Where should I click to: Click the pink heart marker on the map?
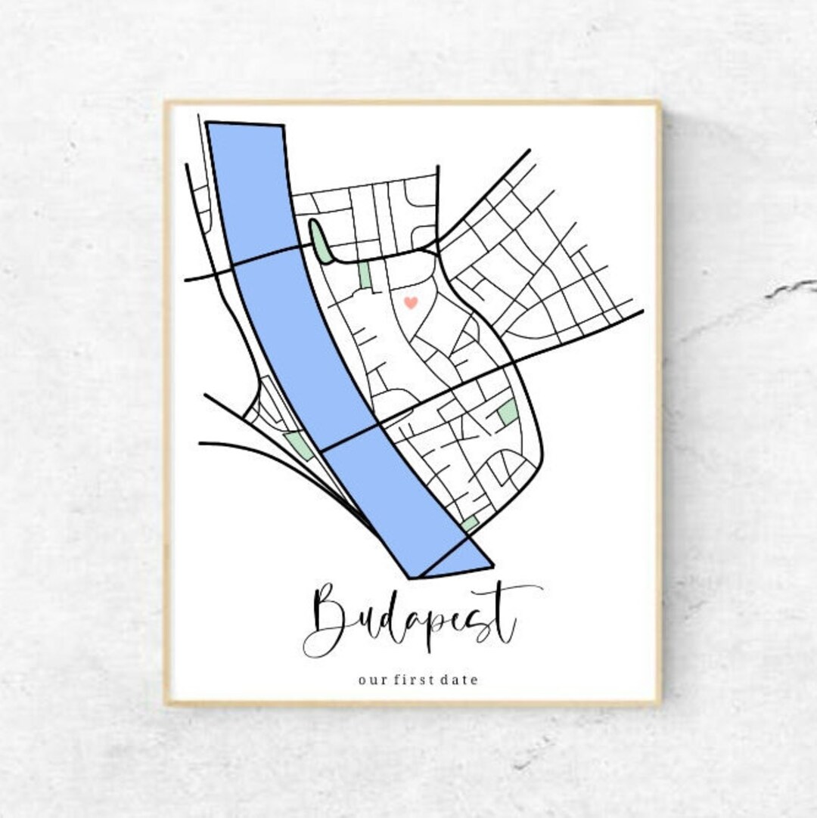pos(410,302)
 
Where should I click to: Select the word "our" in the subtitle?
pos(369,680)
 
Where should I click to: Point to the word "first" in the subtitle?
pos(413,680)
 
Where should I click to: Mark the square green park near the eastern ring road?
pos(508,412)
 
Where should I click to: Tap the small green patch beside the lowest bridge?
pos(470,523)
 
